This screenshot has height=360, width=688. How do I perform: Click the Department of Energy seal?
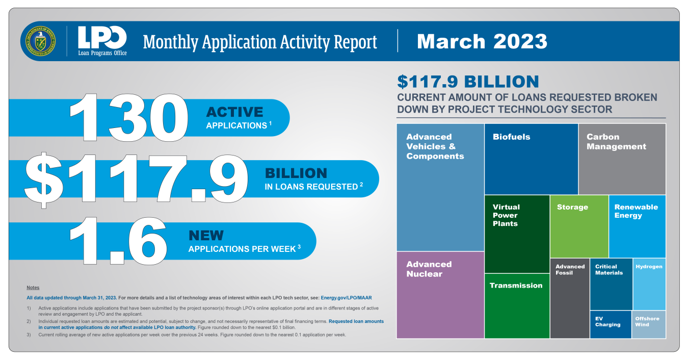[41, 41]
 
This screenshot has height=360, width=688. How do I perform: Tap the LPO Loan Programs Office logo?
[102, 41]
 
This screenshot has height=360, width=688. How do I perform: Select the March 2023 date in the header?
[482, 41]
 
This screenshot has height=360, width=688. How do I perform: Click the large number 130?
[129, 117]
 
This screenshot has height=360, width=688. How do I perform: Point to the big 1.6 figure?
[118, 241]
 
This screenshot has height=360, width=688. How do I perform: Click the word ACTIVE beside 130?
[234, 112]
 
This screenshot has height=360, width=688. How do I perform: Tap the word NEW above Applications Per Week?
[206, 236]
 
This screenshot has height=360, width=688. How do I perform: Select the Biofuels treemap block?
[531, 159]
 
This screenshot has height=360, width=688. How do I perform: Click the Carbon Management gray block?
[622, 159]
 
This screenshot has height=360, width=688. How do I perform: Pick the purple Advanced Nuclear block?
[440, 295]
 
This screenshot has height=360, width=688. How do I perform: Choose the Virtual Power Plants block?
[517, 234]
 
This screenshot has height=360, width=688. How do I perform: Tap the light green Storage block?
[579, 226]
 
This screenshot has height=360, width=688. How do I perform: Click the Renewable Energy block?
[638, 226]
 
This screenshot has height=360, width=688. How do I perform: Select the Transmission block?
[517, 306]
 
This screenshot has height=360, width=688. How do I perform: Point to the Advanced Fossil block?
[570, 298]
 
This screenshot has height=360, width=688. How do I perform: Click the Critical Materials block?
[611, 284]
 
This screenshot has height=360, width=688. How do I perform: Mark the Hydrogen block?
[649, 284]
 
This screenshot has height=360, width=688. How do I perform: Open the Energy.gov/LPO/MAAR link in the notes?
[346, 298]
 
